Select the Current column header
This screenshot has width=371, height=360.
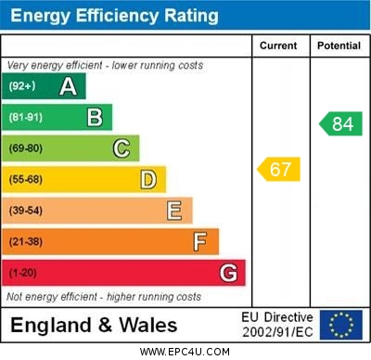point(278,45)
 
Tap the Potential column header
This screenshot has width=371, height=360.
point(339,45)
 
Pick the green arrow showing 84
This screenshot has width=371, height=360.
point(340,123)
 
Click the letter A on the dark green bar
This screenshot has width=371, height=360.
point(68,87)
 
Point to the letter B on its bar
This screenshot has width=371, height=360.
point(95,118)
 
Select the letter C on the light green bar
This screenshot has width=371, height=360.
point(122,148)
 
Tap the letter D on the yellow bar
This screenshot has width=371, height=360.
point(148,179)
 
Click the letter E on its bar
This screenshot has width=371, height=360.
point(174,211)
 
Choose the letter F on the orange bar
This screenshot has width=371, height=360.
point(200,241)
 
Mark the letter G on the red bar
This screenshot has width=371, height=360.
point(228,273)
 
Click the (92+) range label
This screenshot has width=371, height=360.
point(22,87)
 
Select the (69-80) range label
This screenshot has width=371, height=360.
point(26,148)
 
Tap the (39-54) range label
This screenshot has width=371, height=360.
point(26,211)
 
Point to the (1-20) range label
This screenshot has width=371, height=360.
point(23,273)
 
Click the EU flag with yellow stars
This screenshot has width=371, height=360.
point(340,325)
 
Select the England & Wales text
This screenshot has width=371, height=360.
point(94,326)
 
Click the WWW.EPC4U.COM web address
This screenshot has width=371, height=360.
point(185,352)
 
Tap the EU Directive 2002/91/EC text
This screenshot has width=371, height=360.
point(277,325)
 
